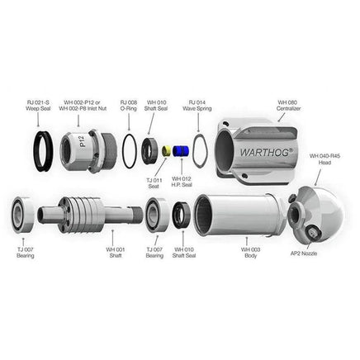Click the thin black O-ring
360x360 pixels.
[130, 150]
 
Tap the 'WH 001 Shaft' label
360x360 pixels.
[116, 251]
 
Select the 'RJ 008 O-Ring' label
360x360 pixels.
[130, 105]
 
